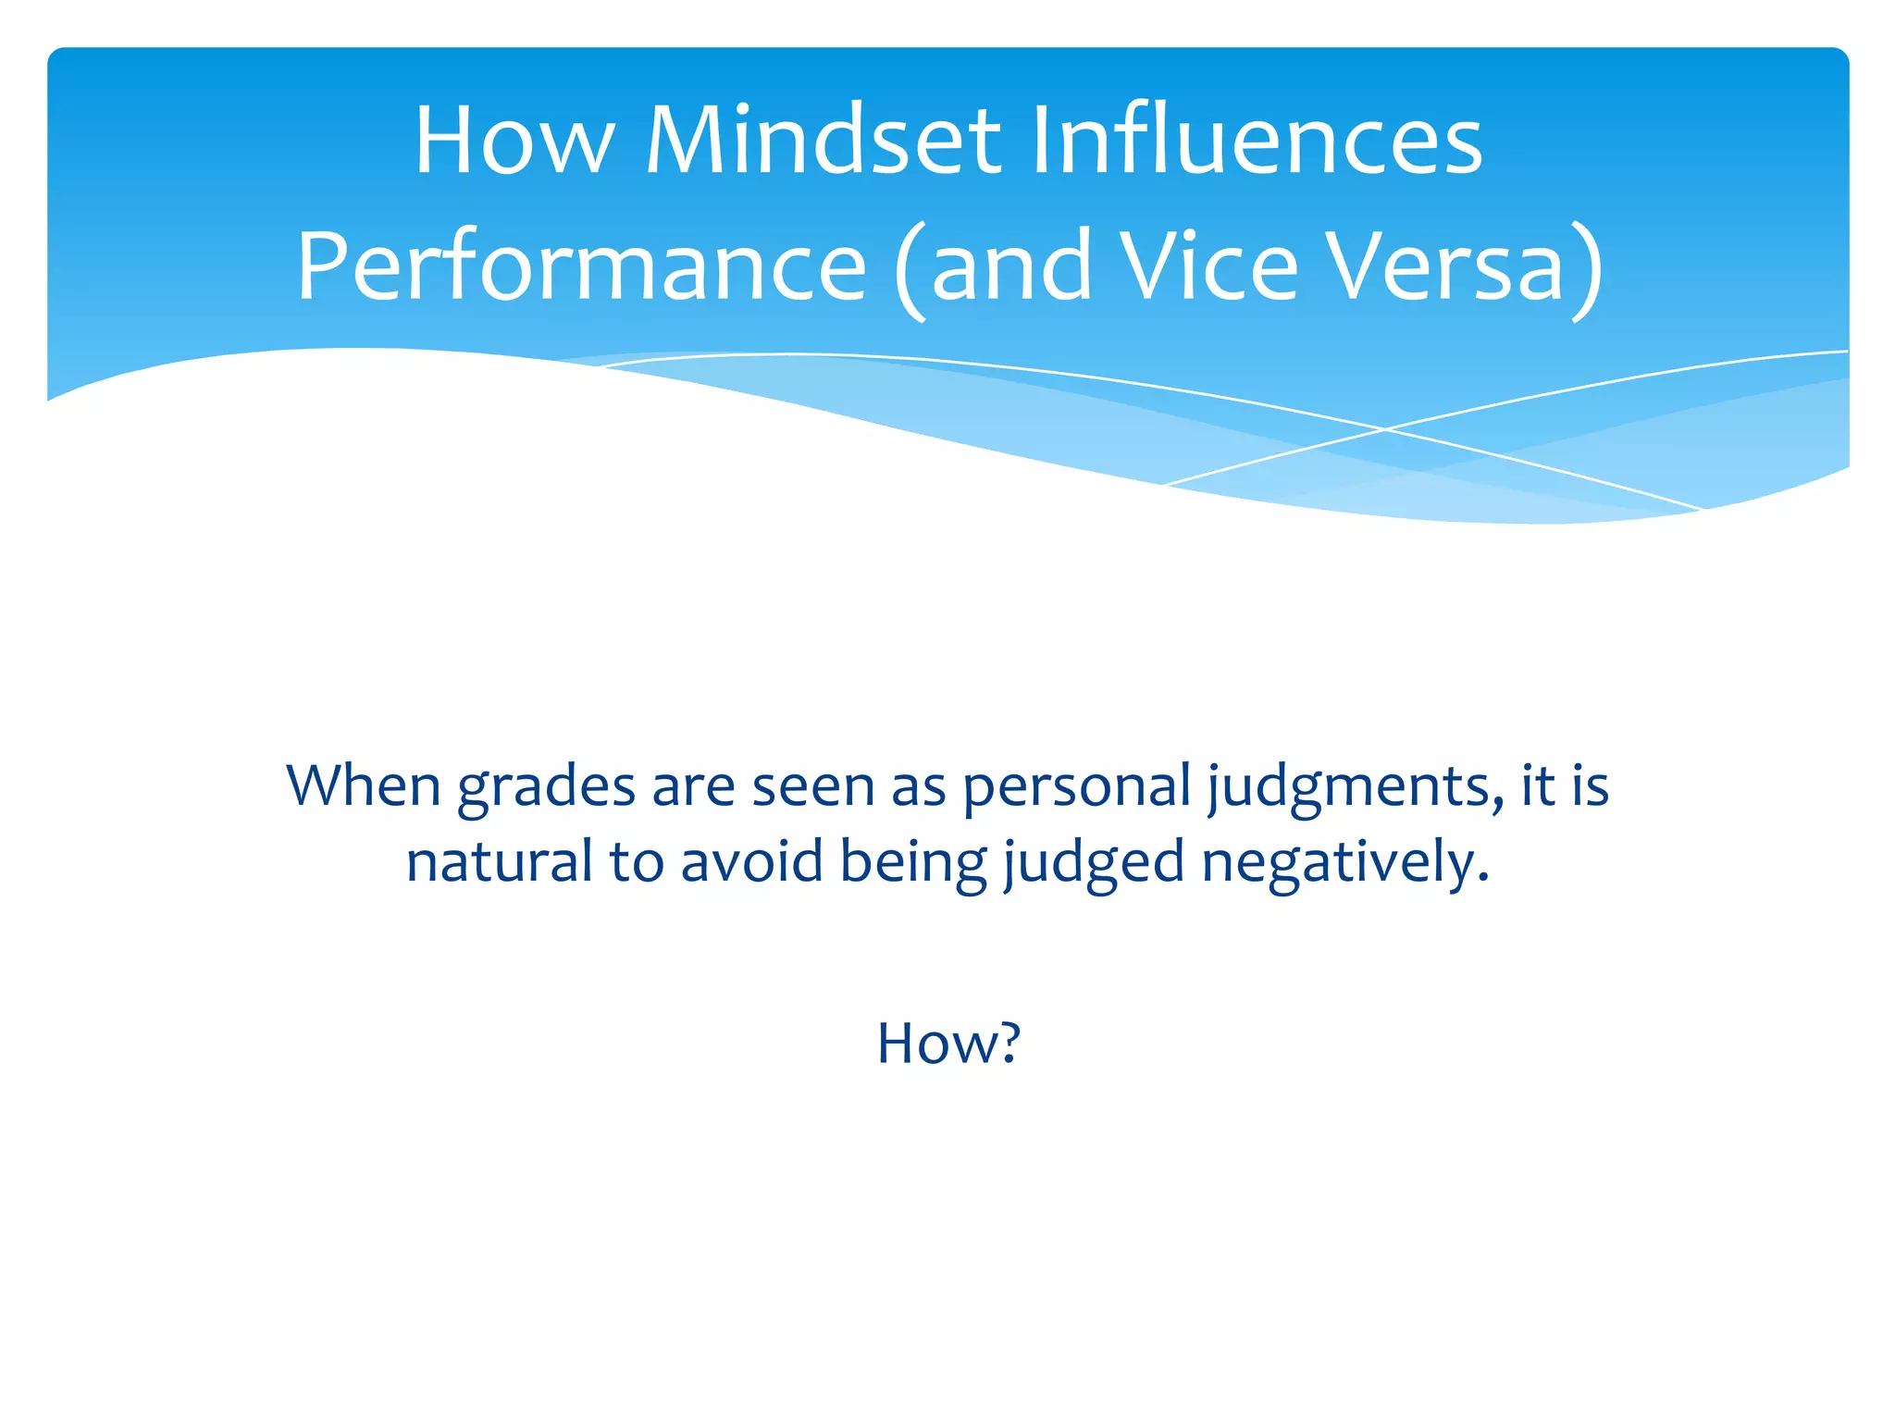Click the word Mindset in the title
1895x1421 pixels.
(x=823, y=141)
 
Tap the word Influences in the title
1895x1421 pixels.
(x=1256, y=141)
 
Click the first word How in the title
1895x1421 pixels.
(x=514, y=141)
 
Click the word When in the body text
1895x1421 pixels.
(x=364, y=786)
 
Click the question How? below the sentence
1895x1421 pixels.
(x=948, y=1044)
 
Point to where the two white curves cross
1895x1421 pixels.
(x=1385, y=428)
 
